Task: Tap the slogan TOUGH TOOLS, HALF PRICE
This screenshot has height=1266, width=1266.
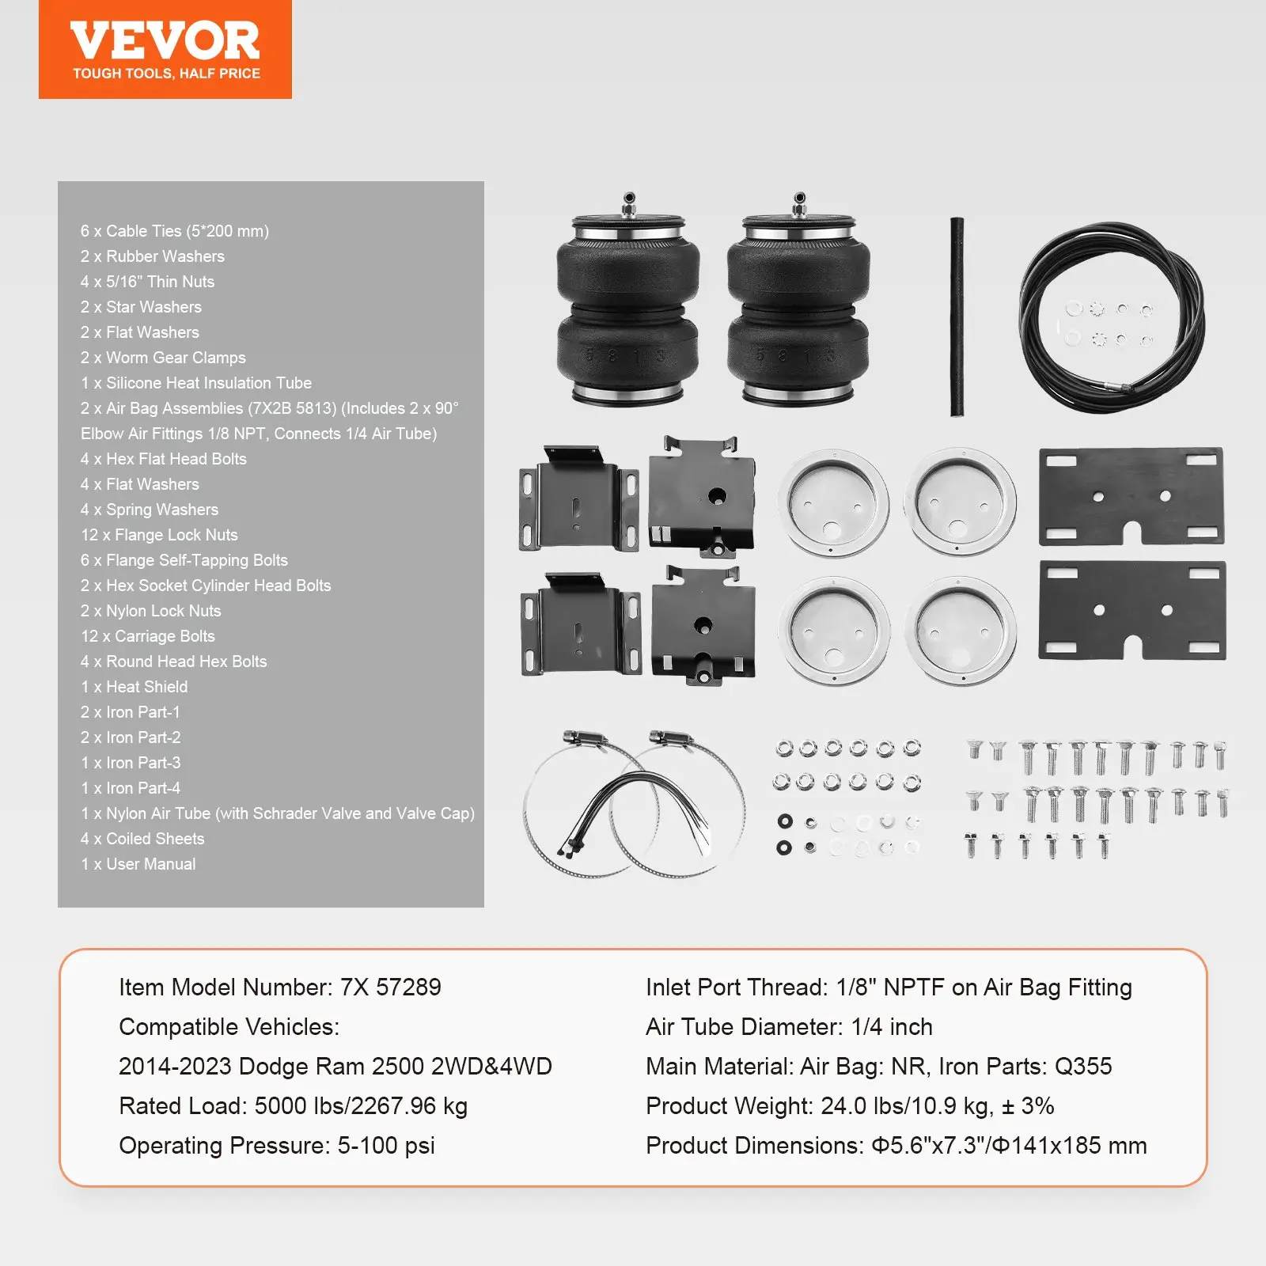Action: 166,74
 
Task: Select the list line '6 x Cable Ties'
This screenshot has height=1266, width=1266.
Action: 174,231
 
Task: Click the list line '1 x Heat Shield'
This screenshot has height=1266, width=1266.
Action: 135,687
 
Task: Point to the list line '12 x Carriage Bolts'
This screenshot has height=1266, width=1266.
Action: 148,636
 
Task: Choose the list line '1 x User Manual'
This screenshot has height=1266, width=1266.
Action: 138,864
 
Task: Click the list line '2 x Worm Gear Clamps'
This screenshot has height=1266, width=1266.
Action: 163,358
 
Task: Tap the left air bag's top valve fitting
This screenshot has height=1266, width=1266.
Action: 629,204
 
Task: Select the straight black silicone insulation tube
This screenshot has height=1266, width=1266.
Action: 957,316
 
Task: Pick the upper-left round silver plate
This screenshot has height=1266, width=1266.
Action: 833,503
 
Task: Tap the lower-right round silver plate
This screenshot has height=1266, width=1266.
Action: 960,630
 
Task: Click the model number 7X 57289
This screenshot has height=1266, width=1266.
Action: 390,987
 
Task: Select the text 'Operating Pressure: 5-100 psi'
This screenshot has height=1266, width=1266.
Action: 277,1146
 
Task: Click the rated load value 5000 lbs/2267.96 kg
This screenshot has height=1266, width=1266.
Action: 361,1106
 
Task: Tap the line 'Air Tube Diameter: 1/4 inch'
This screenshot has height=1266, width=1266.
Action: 789,1027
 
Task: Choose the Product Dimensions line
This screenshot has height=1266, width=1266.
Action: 896,1146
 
